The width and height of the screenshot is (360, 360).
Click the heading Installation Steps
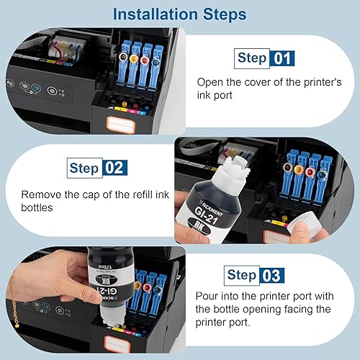[179, 14]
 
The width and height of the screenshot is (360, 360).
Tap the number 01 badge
[282, 58]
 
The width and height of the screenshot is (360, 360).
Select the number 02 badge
[114, 168]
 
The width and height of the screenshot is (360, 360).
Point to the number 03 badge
[272, 275]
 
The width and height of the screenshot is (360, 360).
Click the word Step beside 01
[252, 58]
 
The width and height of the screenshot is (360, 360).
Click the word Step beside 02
[84, 168]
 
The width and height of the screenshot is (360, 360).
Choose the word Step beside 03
[242, 275]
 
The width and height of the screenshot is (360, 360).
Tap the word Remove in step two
[41, 194]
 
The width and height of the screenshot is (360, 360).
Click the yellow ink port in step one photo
[133, 58]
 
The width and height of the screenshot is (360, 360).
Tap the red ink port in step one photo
[145, 60]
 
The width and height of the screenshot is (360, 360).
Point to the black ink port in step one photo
[123, 57]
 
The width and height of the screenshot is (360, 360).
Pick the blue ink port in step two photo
[321, 174]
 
